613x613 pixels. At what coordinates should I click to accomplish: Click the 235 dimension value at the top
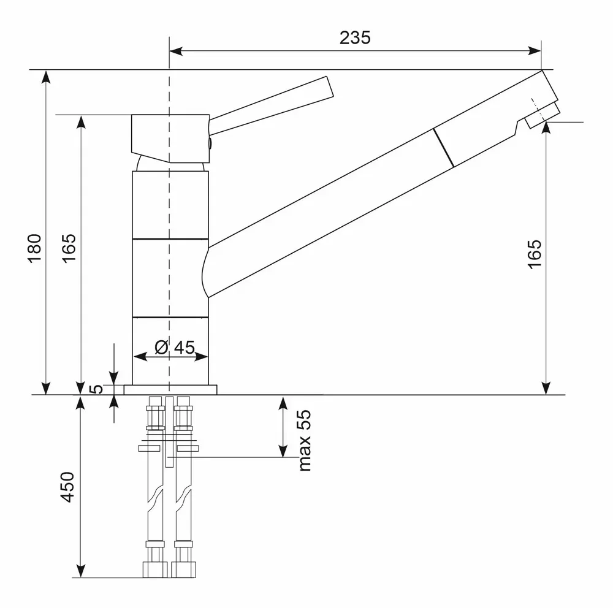tap(355, 38)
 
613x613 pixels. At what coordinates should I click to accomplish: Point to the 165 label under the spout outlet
tap(535, 253)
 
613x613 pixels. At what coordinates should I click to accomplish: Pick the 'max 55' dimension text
tap(305, 441)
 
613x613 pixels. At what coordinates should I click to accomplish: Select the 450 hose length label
tap(68, 487)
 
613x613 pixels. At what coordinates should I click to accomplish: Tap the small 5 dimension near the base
tap(95, 389)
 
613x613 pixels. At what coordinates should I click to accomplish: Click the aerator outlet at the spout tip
tap(543, 116)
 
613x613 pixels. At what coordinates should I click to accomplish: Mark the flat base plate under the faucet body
tap(170, 389)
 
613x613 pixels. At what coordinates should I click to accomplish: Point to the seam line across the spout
tap(444, 147)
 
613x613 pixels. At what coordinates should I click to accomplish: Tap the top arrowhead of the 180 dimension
tap(45, 76)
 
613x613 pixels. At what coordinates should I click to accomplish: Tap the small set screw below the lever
tap(210, 143)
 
